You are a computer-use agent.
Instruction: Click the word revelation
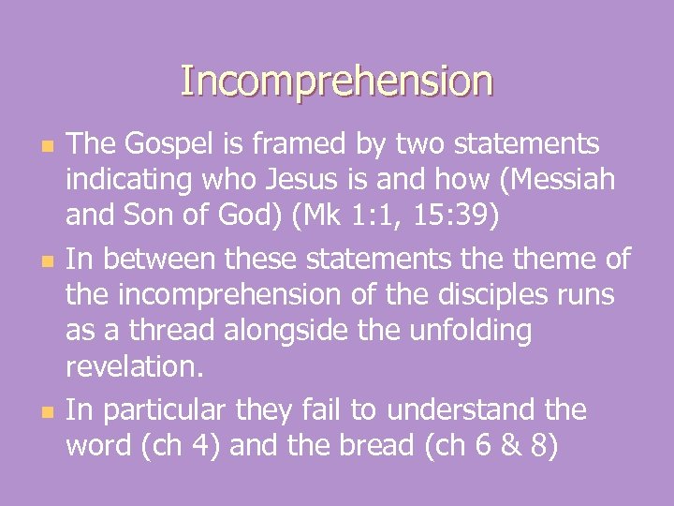coord(133,368)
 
